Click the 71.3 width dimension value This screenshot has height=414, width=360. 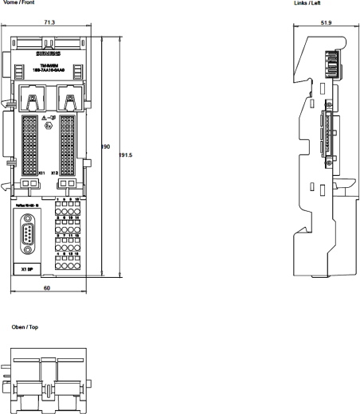tap(49, 23)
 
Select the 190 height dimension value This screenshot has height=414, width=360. tap(105, 146)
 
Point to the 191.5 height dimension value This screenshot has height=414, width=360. tap(124, 154)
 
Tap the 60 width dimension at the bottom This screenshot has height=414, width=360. tap(48, 287)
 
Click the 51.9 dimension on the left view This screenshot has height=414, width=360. tap(326, 23)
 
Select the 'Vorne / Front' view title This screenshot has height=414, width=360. tap(17, 2)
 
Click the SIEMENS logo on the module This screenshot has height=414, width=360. tap(49, 52)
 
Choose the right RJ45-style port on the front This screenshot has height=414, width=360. tap(69, 101)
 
